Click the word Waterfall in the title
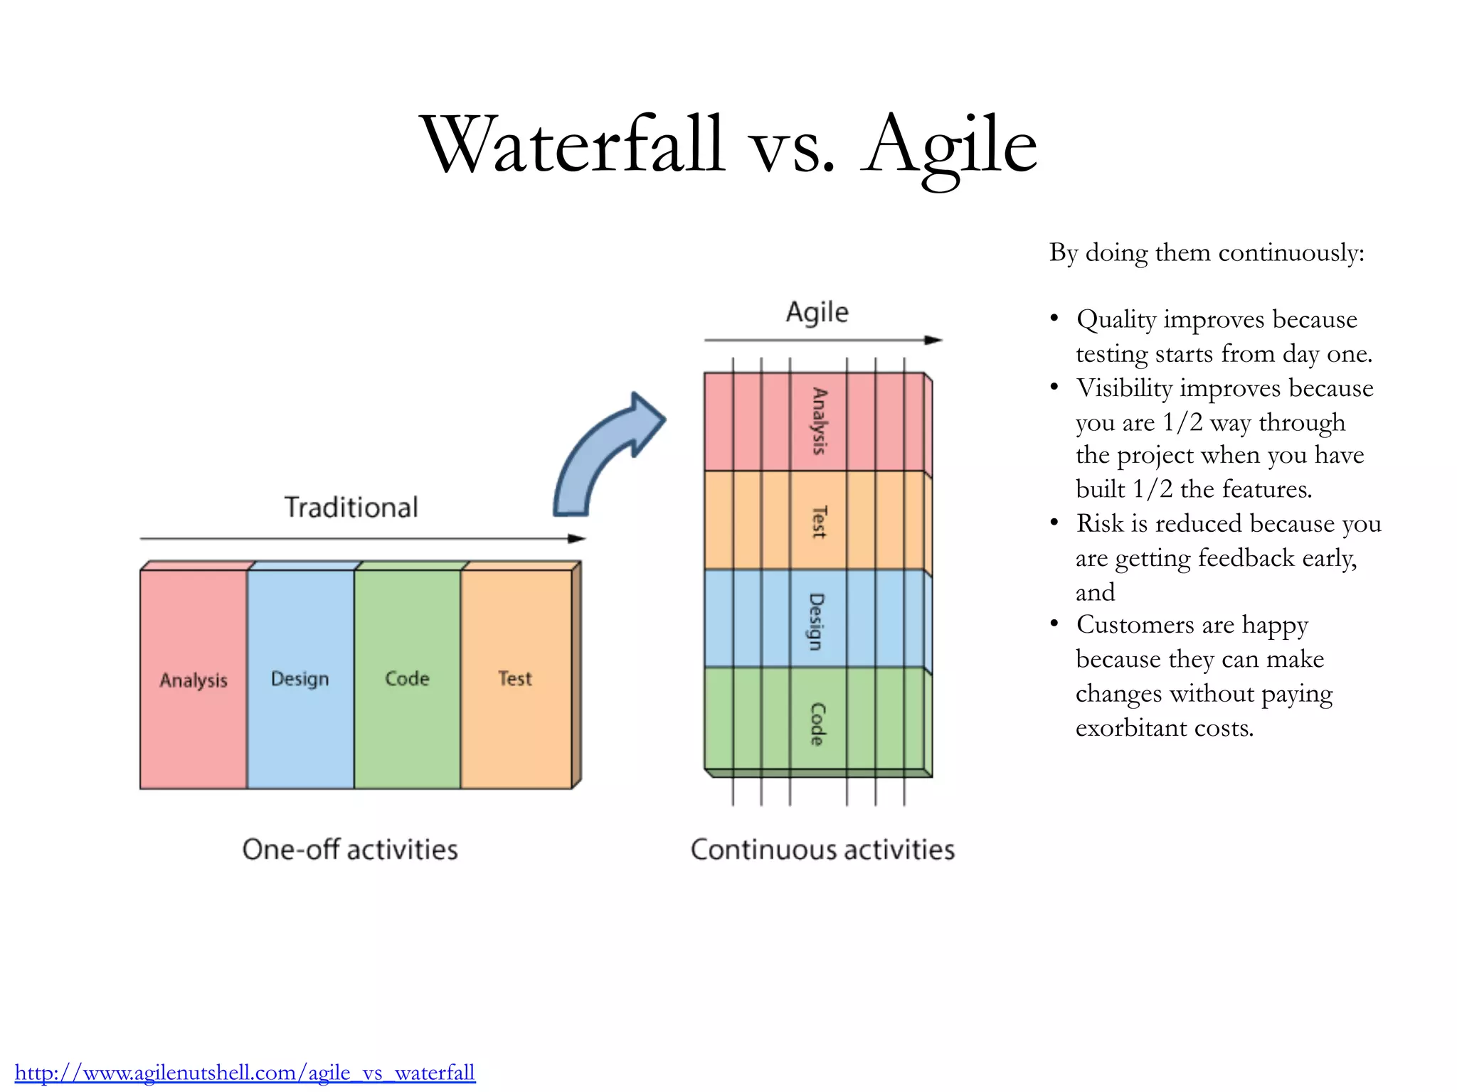tap(573, 146)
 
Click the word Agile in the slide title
tap(950, 146)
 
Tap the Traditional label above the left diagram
tap(351, 508)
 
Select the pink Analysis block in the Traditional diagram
tap(193, 679)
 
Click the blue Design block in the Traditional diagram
tap(300, 679)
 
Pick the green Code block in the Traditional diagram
tap(407, 679)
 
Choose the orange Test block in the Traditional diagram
tap(515, 679)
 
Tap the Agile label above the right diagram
tap(817, 312)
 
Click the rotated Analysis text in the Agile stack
tap(820, 421)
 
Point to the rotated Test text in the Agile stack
tap(820, 522)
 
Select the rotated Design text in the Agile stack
tap(817, 621)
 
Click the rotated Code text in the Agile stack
tap(818, 724)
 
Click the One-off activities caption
tap(350, 850)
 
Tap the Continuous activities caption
tap(822, 850)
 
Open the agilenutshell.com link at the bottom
tap(245, 1072)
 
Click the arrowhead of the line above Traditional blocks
tap(577, 539)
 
